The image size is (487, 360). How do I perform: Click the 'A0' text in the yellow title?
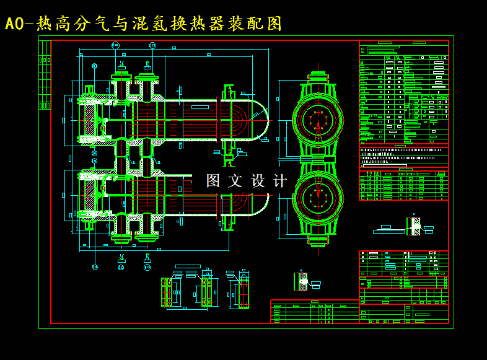[x=14, y=24]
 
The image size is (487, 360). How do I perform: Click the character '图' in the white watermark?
[x=213, y=181]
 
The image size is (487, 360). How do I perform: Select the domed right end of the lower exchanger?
[x=260, y=204]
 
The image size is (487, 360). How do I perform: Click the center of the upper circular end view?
[x=318, y=120]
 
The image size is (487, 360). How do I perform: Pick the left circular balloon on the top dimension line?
[x=115, y=45]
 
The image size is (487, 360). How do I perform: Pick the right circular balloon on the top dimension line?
[x=152, y=45]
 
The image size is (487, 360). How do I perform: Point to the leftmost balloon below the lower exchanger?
[x=95, y=267]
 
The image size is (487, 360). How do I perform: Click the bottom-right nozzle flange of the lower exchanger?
[x=147, y=236]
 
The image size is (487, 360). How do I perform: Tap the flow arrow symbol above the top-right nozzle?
[x=147, y=64]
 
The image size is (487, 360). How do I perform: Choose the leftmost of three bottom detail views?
[x=167, y=292]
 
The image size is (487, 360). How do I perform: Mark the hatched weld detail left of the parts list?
[x=302, y=281]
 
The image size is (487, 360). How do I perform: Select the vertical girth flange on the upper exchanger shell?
[x=228, y=118]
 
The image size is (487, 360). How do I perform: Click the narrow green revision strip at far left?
[x=45, y=75]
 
